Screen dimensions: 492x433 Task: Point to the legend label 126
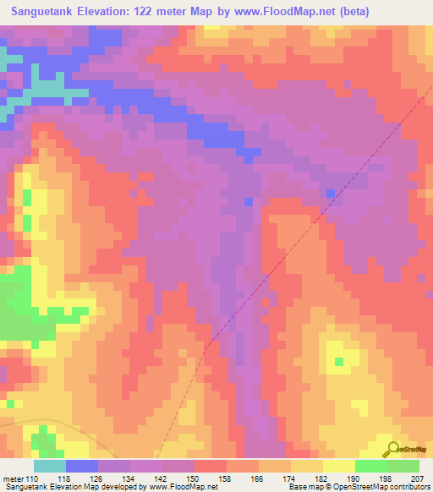tap(99, 479)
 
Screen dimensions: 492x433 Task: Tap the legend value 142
tap(163, 479)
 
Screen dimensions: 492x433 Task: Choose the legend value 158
tap(227, 479)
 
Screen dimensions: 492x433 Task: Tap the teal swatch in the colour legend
tap(50, 466)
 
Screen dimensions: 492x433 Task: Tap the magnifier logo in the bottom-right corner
tap(392, 450)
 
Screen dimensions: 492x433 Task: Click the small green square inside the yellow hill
tap(339, 362)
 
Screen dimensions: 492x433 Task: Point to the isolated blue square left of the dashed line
tap(248, 201)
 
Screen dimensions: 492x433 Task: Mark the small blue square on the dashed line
tap(330, 194)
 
